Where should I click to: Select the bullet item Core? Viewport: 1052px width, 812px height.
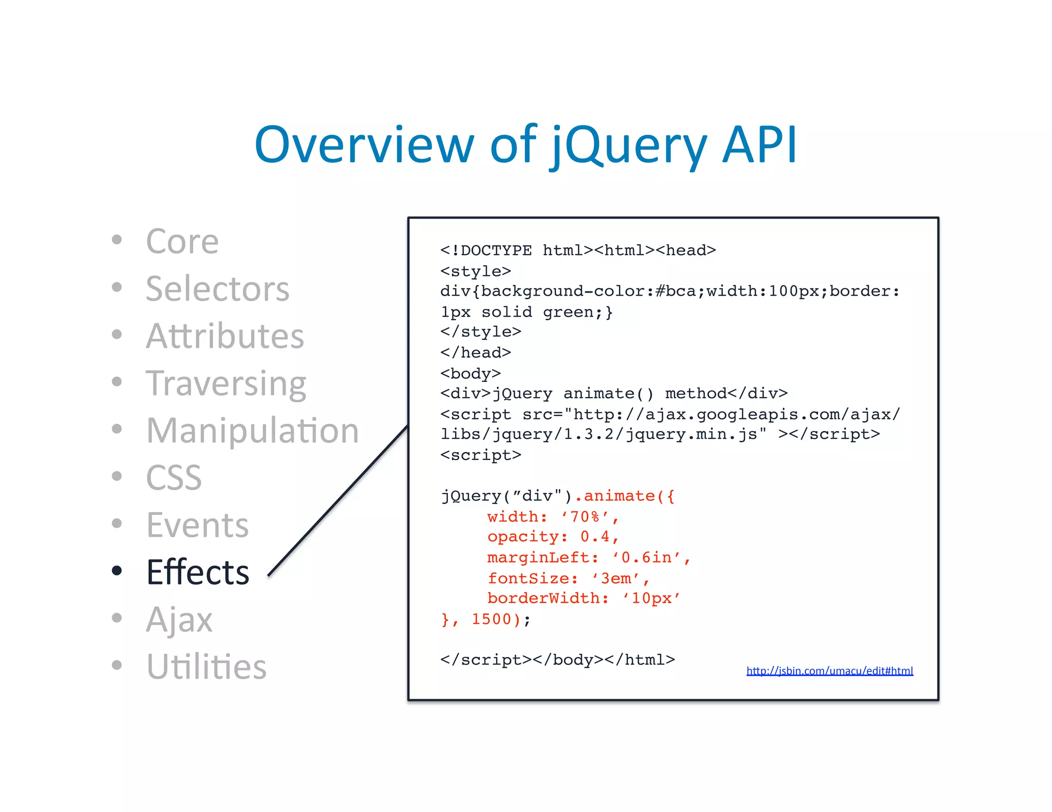click(182, 241)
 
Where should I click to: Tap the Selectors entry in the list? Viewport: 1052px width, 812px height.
click(218, 288)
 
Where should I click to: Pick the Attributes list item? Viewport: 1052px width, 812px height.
click(225, 336)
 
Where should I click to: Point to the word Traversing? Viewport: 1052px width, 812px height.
click(226, 384)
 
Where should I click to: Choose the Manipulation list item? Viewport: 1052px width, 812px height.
click(252, 430)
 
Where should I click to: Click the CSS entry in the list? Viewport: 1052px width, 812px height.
click(174, 478)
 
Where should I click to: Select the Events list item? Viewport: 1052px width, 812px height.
click(197, 525)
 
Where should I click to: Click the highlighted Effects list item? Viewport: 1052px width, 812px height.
click(198, 572)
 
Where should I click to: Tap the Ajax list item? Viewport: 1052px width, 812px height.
click(179, 620)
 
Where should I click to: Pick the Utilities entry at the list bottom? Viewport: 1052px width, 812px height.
click(206, 667)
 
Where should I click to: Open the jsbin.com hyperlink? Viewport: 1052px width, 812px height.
click(830, 671)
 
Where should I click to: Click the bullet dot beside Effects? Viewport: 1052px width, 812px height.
click(117, 570)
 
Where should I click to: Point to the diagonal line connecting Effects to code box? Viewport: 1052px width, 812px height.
click(339, 501)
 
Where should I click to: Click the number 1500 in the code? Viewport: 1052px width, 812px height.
click(491, 619)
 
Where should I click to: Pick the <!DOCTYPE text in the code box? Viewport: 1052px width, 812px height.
click(486, 250)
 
